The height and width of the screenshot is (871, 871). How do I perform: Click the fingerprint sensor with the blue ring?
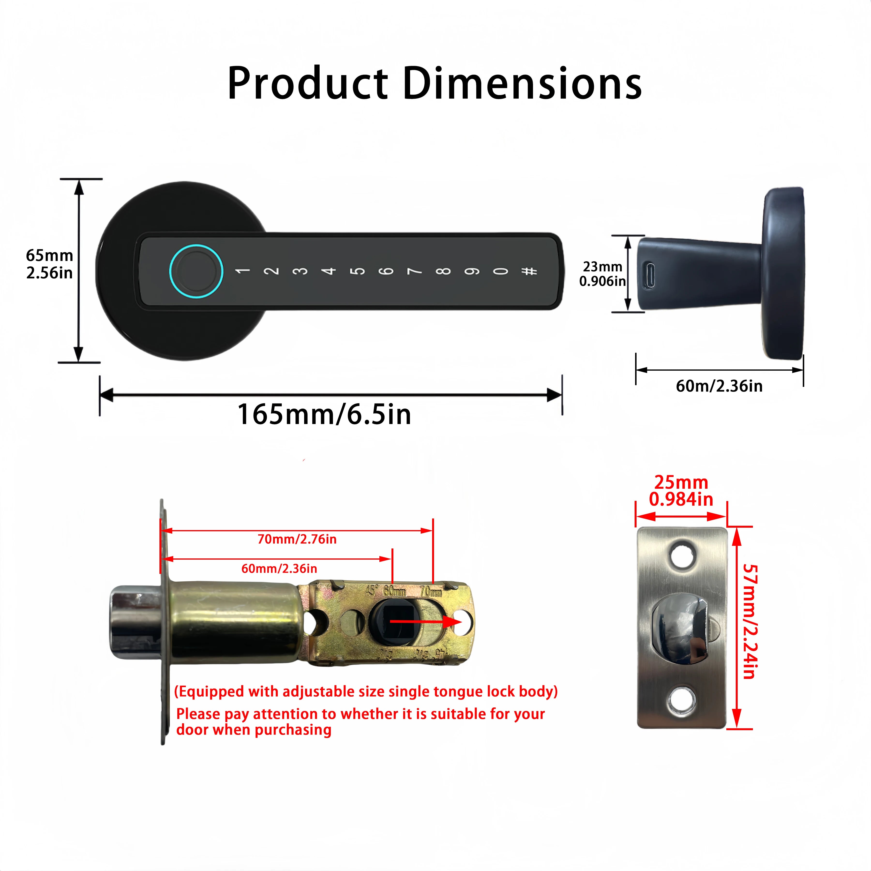click(x=196, y=271)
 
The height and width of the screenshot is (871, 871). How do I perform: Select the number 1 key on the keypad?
click(x=242, y=271)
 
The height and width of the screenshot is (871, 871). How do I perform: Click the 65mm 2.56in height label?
click(x=49, y=264)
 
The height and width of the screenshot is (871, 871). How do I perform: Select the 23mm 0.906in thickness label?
click(x=602, y=274)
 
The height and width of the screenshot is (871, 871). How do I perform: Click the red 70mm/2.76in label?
click(x=297, y=539)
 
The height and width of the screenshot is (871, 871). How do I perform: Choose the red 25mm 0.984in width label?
click(x=681, y=491)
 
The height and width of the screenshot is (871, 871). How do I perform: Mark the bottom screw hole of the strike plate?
click(x=681, y=701)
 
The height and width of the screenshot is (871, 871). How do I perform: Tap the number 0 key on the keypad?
click(x=500, y=271)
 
